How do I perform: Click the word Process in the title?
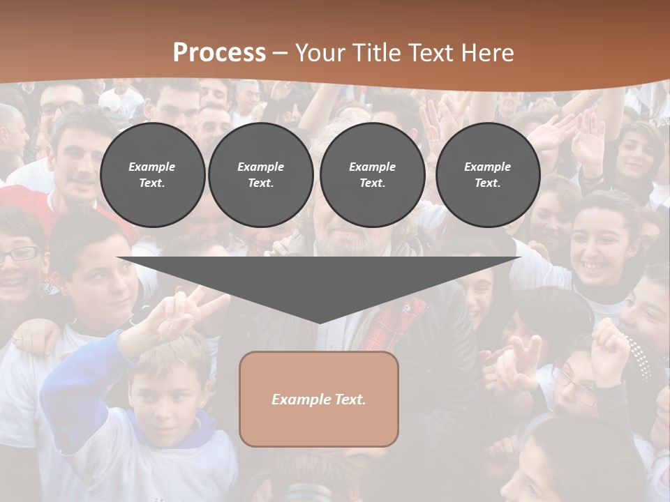[x=219, y=53]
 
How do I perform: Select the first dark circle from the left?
[x=152, y=174]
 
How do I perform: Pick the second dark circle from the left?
[x=260, y=174]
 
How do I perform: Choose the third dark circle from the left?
[x=372, y=174]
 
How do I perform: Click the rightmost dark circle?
[x=487, y=174]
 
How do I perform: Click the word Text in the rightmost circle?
[x=487, y=183]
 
